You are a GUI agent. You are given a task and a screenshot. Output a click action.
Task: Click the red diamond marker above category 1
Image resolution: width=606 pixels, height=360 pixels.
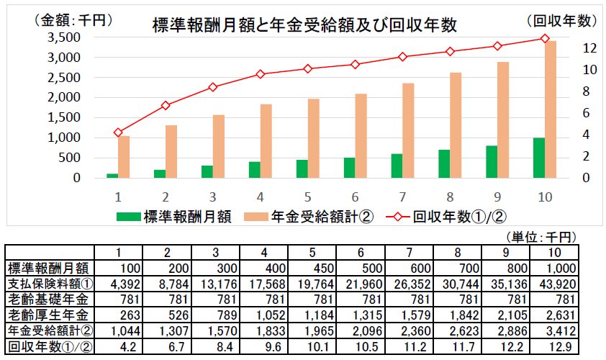118,132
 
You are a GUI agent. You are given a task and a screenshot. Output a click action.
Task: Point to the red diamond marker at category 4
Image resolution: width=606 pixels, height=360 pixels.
261,74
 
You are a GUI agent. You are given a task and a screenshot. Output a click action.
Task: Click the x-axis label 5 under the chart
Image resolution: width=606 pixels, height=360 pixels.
307,196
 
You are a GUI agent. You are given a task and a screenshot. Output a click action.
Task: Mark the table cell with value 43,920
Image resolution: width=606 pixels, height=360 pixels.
554,283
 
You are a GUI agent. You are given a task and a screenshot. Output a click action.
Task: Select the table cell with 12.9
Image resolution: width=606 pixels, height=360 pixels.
554,346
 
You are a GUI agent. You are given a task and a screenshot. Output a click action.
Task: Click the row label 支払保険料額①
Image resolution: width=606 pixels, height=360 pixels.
49,283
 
